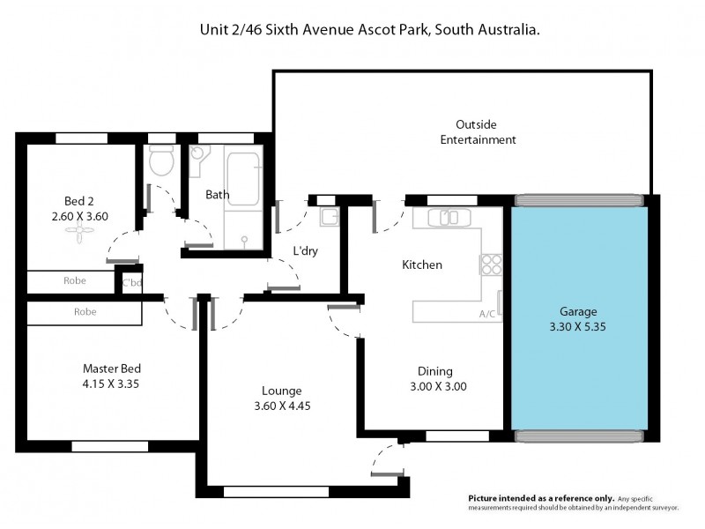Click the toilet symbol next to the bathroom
coord(160,161)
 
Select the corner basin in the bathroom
coord(197,157)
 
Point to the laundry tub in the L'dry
coord(329,217)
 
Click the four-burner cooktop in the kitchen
coord(489,264)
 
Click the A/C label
coord(486,313)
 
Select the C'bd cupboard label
coord(131,283)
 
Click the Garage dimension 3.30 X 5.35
coord(579,326)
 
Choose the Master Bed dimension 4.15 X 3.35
coord(112,384)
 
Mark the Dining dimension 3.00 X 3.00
coord(437,386)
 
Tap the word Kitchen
coord(421,264)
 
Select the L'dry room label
coord(305,251)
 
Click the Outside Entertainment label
coord(478,132)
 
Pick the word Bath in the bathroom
coord(218,194)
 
